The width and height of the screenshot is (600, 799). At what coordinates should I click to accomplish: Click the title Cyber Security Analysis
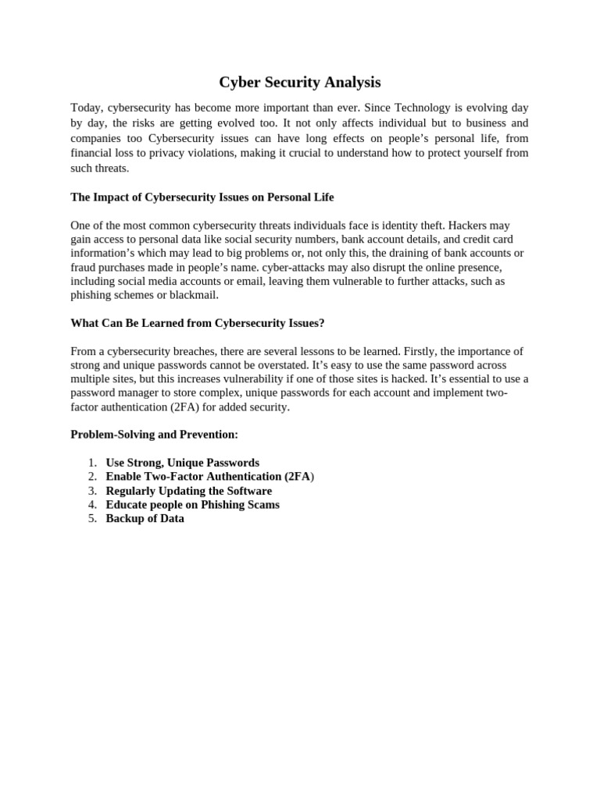coord(299,82)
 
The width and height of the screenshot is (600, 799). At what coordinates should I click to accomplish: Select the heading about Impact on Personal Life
coord(202,197)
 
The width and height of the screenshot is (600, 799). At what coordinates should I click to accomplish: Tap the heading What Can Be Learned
coord(197,322)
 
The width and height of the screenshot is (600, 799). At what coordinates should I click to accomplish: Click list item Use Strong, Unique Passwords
coord(182,463)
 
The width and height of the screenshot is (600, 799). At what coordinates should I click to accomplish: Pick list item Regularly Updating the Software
coord(188,491)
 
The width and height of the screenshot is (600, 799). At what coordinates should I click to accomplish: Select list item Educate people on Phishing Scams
coord(192,505)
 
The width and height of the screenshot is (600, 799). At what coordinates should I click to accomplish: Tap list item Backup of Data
coord(145,519)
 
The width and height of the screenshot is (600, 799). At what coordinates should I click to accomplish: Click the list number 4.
coord(92,505)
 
